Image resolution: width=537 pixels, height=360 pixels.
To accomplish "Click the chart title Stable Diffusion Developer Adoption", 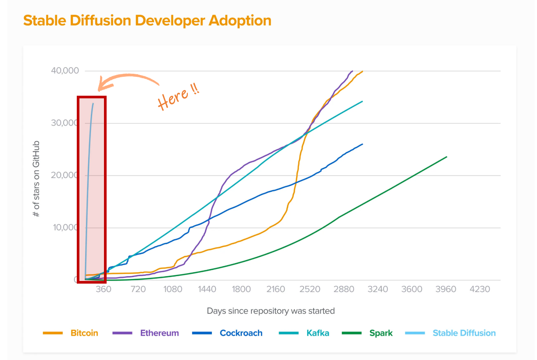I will tap(147, 21).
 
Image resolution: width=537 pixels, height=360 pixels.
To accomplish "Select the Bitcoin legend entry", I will tap(84, 333).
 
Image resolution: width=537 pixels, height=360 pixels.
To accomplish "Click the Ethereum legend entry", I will tap(159, 333).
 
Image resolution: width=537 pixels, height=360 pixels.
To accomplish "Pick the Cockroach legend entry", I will tap(241, 333).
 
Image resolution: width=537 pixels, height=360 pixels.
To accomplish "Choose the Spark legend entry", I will tap(381, 333).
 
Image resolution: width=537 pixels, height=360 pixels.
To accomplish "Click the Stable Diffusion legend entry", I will tap(464, 333).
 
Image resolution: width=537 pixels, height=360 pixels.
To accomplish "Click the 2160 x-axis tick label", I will tap(276, 289).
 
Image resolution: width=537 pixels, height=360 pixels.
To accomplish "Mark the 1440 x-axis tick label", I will tap(207, 289).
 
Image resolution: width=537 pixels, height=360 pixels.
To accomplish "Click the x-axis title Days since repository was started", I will tap(271, 311).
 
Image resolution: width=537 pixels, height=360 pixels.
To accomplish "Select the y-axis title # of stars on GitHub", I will tap(37, 179).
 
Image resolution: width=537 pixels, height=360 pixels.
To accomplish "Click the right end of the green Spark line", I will tap(447, 157).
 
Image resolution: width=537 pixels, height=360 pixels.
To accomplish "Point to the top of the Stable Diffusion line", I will tap(93, 104).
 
